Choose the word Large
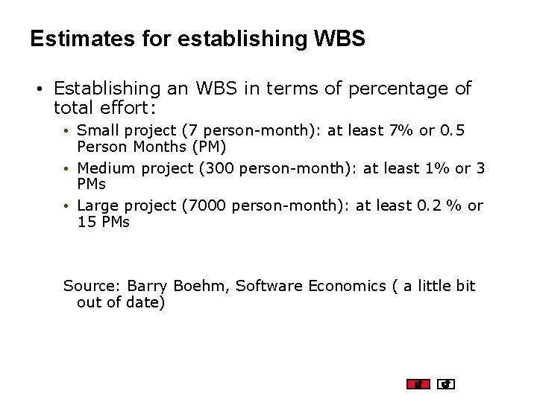pyautogui.click(x=97, y=205)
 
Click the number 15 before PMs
pyautogui.click(x=87, y=222)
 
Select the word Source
pyautogui.click(x=90, y=286)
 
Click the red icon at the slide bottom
pyautogui.click(x=418, y=384)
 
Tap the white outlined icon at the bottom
pyautogui.click(x=446, y=384)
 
